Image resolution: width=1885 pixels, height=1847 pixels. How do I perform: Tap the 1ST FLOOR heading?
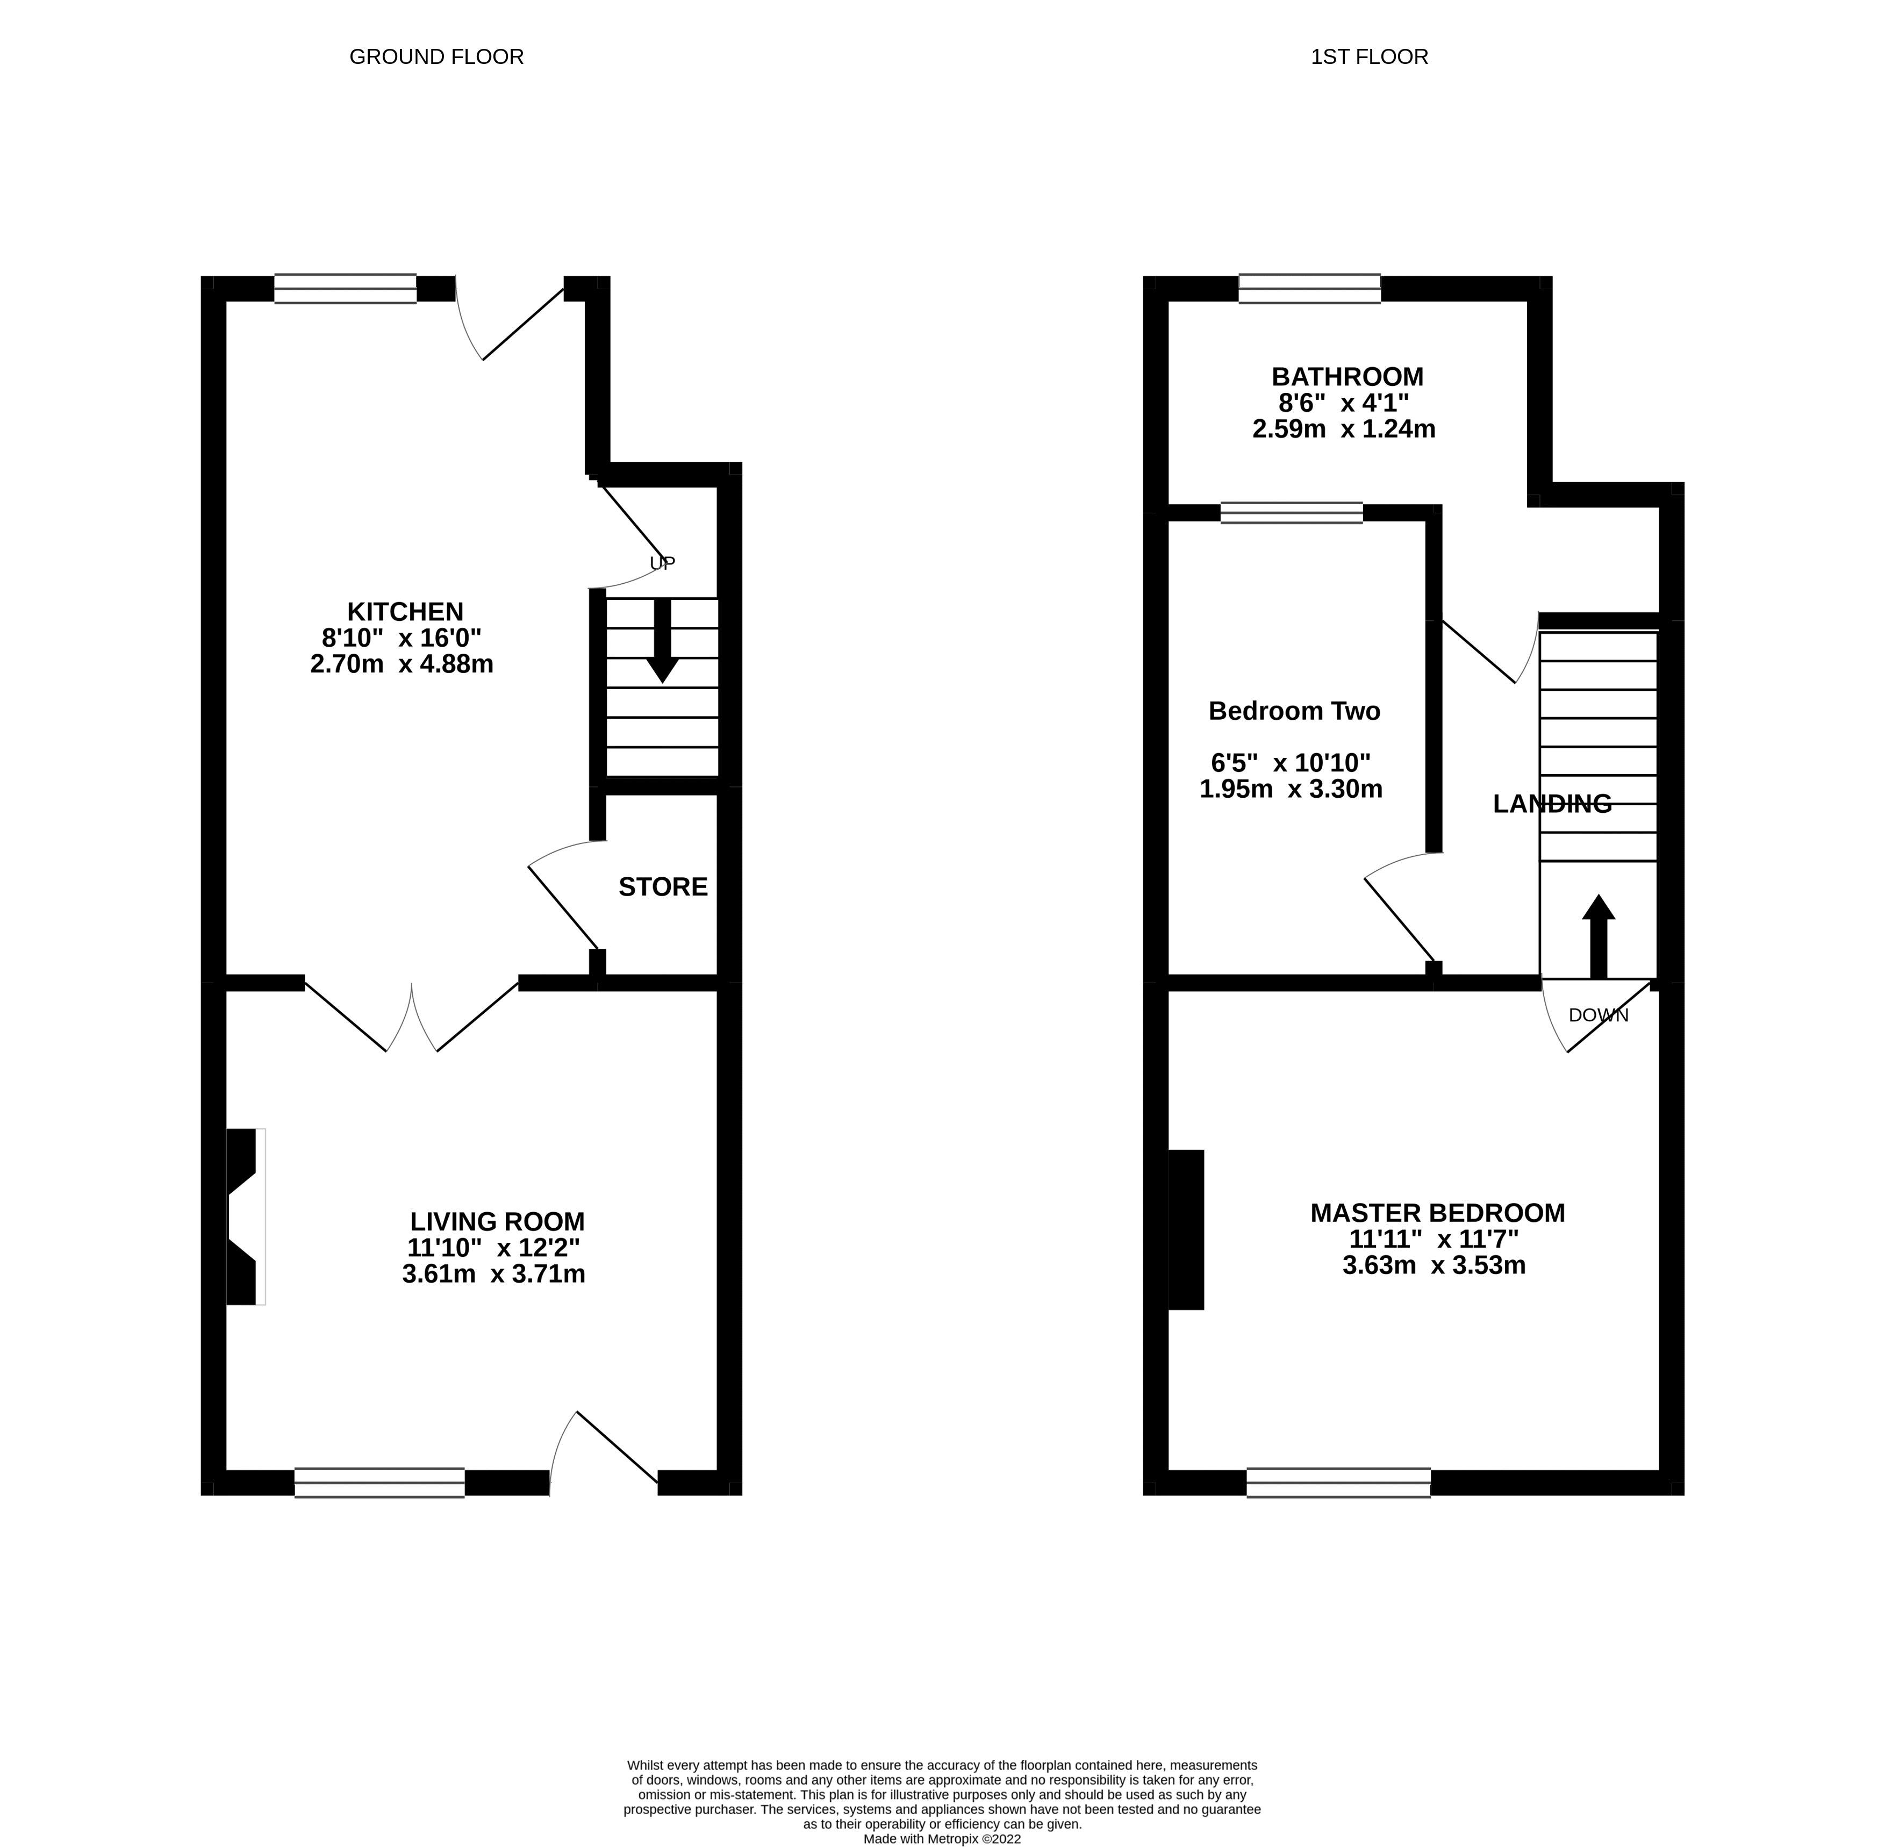pyautogui.click(x=1369, y=57)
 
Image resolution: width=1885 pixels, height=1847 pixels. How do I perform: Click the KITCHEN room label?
pyautogui.click(x=405, y=612)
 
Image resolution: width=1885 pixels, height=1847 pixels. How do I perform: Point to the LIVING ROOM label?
pyautogui.click(x=497, y=1221)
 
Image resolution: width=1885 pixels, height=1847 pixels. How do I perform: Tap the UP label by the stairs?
pyautogui.click(x=662, y=563)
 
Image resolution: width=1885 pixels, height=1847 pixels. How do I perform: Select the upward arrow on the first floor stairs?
pyautogui.click(x=1598, y=936)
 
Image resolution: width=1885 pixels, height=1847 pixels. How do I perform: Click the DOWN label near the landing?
pyautogui.click(x=1598, y=1015)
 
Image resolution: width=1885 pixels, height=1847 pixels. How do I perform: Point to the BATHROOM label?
pyautogui.click(x=1348, y=376)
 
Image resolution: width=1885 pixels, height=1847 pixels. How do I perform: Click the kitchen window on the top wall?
pyautogui.click(x=346, y=289)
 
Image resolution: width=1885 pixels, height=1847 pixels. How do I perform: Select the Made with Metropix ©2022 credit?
pyautogui.click(x=942, y=1838)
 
